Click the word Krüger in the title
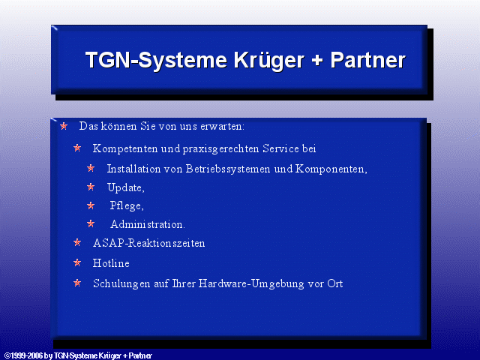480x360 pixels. click(x=269, y=60)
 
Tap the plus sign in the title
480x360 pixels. click(x=317, y=60)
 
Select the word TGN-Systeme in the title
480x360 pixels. click(x=156, y=60)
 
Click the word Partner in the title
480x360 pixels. click(x=368, y=60)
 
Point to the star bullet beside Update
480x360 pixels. click(x=91, y=187)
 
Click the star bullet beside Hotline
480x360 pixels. click(x=77, y=262)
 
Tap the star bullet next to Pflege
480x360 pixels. click(x=91, y=205)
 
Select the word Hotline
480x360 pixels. click(x=111, y=263)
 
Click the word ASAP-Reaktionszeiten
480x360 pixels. click(x=148, y=243)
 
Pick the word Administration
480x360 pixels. click(x=147, y=224)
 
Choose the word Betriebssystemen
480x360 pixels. click(x=228, y=169)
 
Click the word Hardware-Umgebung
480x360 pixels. click(x=251, y=283)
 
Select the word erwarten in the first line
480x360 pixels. click(x=221, y=127)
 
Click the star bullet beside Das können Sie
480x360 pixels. click(x=64, y=126)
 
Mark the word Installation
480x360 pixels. click(x=133, y=169)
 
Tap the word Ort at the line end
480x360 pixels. click(x=335, y=283)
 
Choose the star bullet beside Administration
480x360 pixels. click(x=91, y=223)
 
